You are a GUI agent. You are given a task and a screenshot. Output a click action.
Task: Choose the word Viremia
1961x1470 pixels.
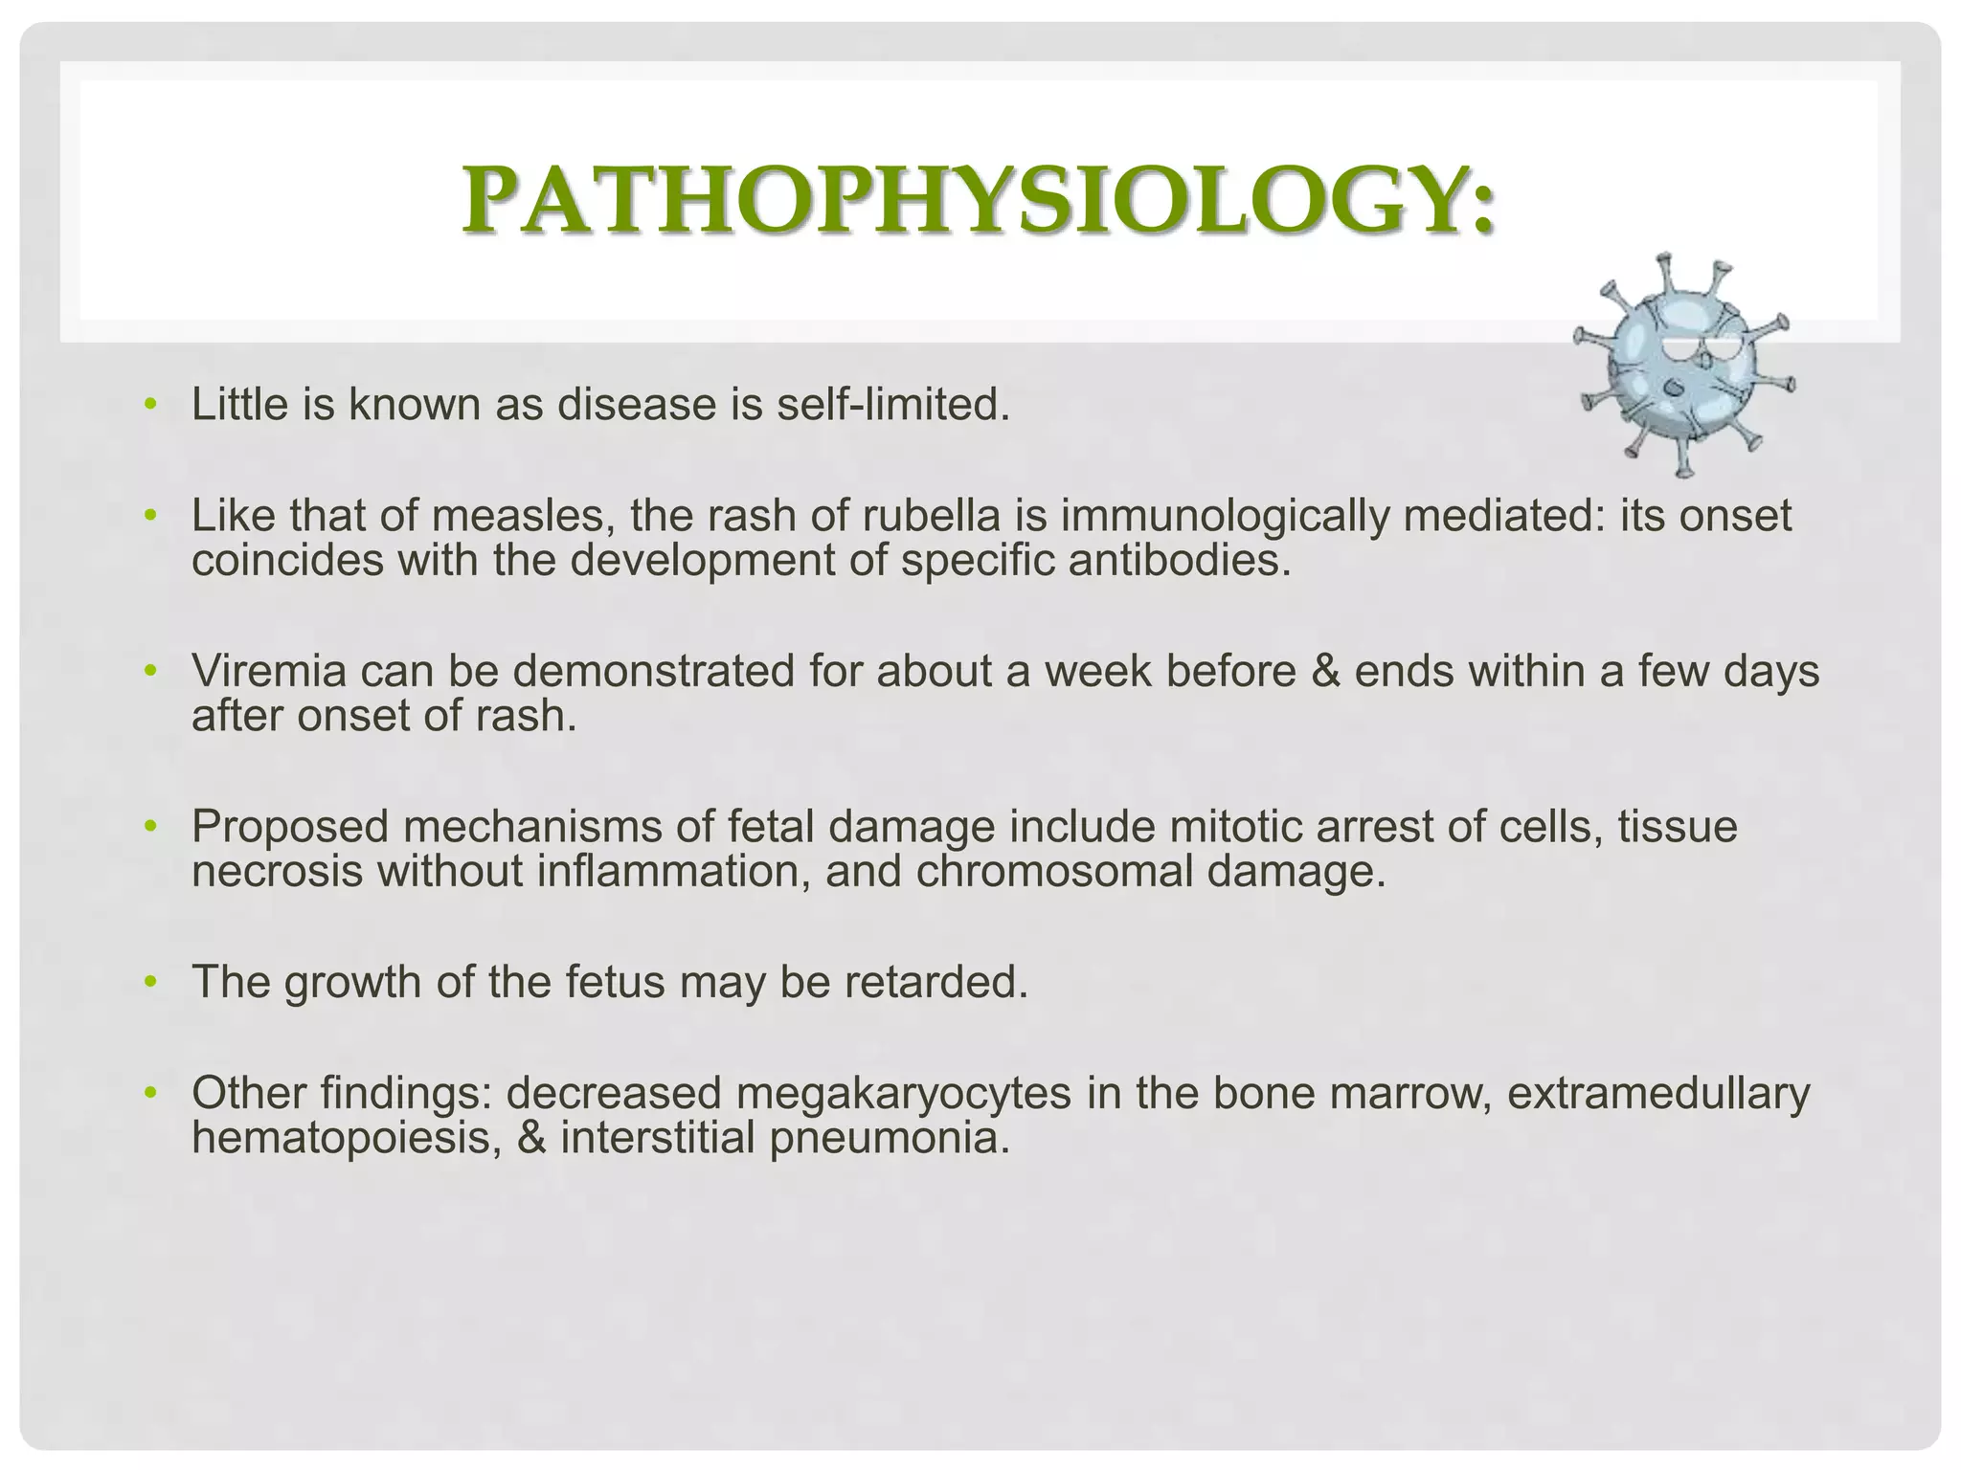click(269, 672)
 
